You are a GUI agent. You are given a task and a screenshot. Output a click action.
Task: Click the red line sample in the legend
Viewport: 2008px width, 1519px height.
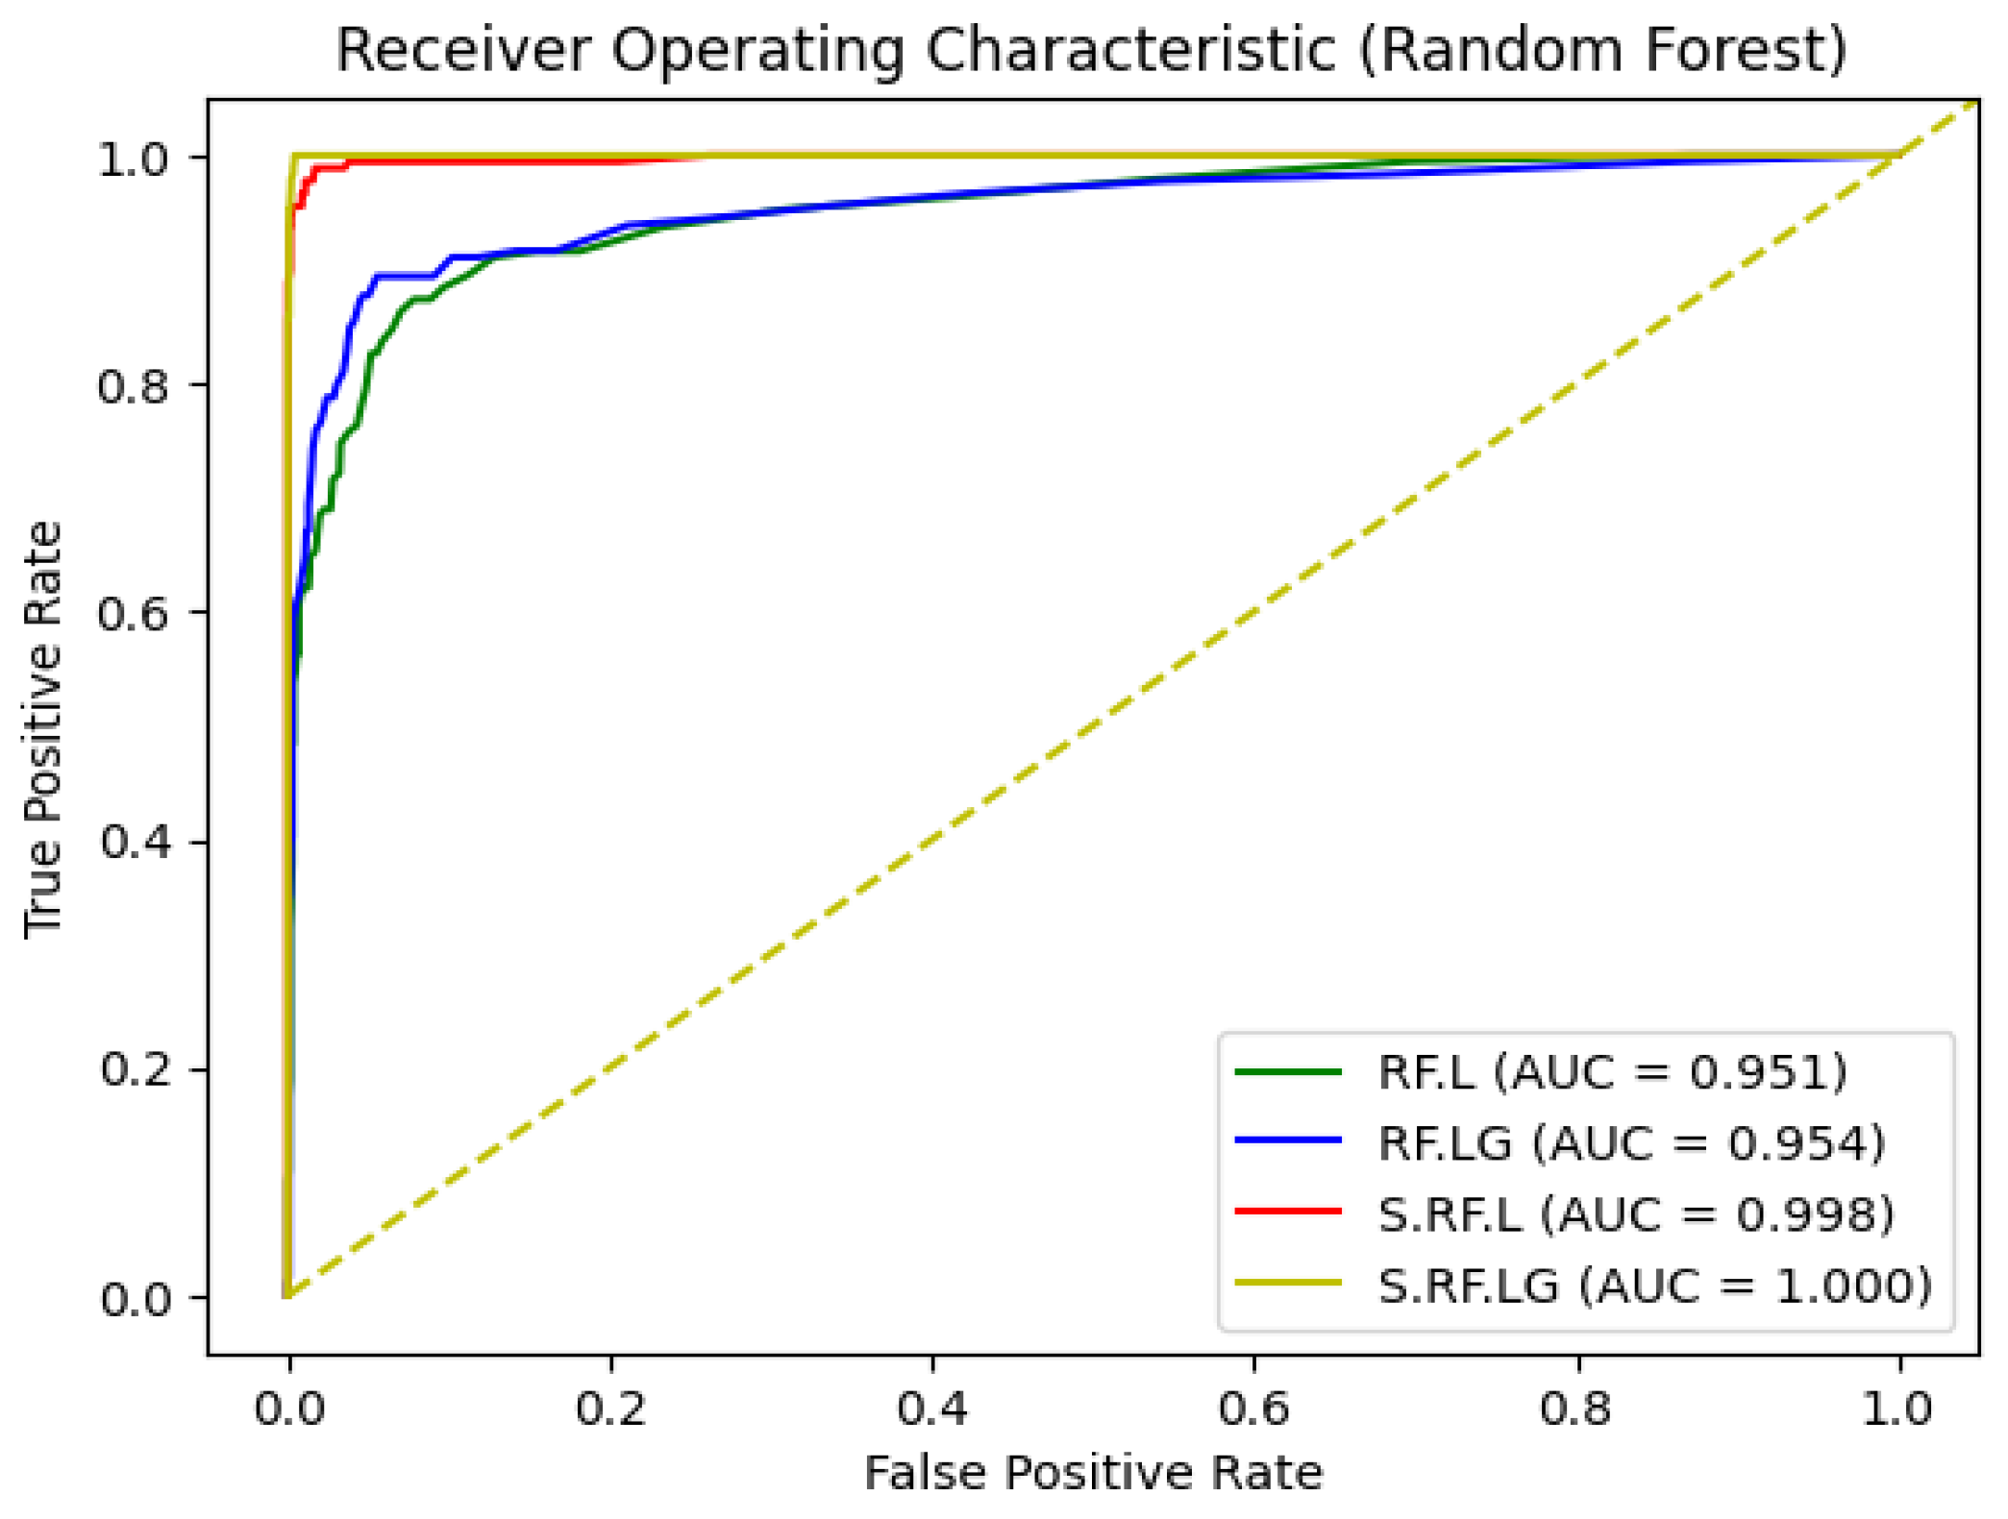1287,1212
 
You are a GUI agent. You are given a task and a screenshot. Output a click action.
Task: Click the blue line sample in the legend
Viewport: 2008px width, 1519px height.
1287,1140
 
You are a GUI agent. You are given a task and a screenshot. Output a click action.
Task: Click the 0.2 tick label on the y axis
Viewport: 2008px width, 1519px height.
135,1069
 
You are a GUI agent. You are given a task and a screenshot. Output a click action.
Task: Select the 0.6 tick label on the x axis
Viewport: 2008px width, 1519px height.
1253,1409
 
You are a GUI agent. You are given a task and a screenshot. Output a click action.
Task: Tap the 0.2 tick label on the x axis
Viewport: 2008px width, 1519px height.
610,1409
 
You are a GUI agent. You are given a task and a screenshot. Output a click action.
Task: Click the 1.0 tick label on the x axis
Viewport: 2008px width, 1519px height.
1897,1409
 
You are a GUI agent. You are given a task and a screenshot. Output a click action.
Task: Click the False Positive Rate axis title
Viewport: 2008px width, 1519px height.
1093,1473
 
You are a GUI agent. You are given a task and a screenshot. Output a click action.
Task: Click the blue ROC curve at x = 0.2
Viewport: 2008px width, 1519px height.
610,232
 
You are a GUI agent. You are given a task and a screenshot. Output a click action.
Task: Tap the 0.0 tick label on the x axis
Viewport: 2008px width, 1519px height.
288,1409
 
